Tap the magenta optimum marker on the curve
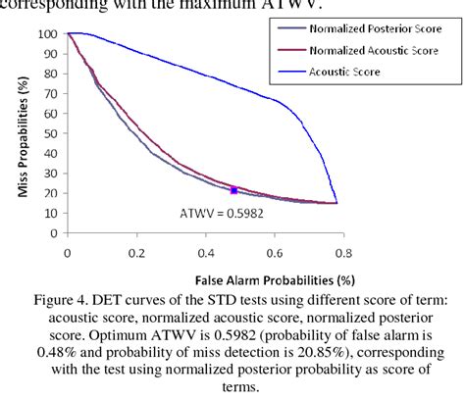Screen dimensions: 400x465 pos(232,189)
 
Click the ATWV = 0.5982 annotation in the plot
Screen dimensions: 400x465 pos(219,210)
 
